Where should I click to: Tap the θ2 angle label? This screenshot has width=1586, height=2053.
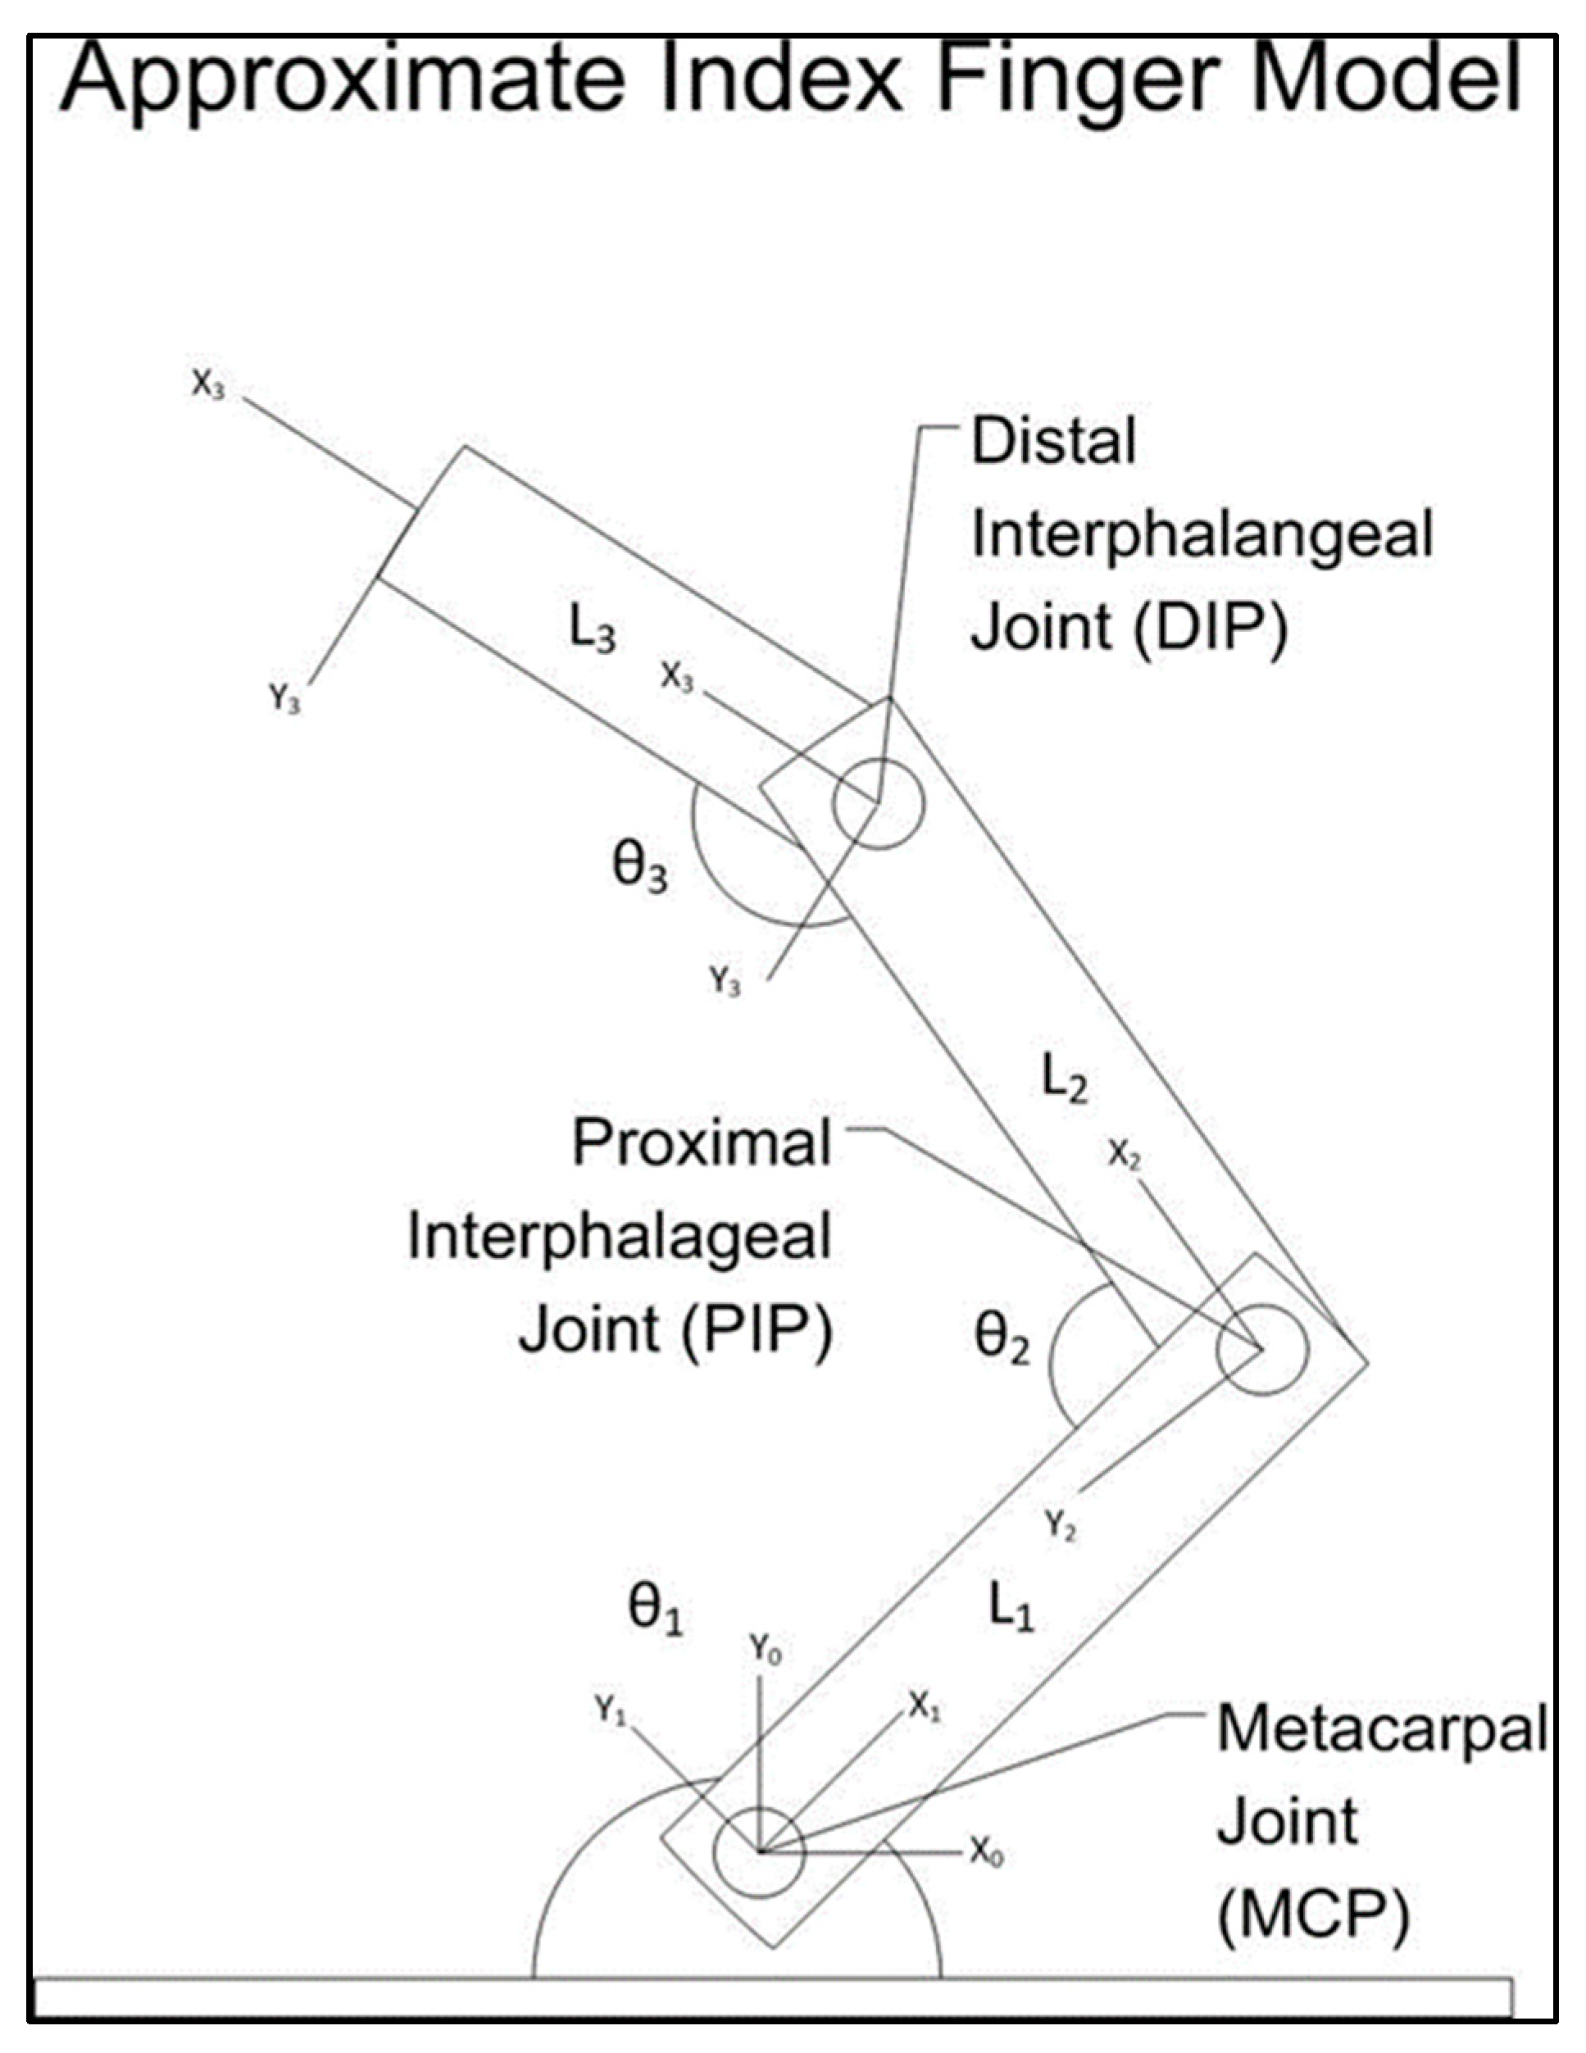(x=1002, y=1338)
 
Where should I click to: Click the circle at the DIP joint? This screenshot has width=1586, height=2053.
(x=878, y=804)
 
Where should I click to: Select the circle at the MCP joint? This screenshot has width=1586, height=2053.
(x=760, y=1853)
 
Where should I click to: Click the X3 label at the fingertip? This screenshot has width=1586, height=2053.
(x=209, y=384)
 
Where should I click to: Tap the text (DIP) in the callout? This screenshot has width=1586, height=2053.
(x=1210, y=628)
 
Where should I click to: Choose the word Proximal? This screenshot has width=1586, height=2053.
(x=702, y=1144)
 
